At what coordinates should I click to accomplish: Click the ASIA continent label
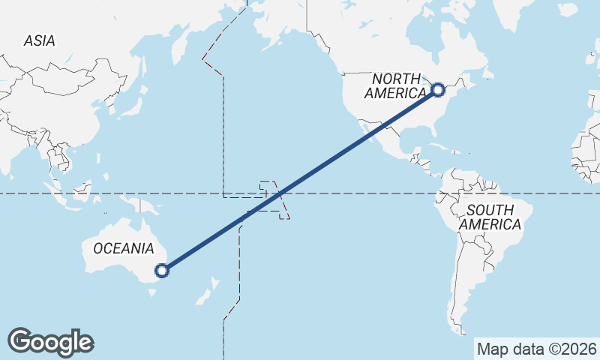click(39, 40)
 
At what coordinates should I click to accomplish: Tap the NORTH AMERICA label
click(398, 85)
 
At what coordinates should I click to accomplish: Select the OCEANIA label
click(124, 248)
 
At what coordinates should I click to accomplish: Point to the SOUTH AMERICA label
click(490, 217)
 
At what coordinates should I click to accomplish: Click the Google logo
click(50, 341)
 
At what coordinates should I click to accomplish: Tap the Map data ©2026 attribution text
click(537, 349)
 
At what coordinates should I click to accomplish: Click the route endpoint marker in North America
click(439, 90)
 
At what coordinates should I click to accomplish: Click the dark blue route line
click(300, 180)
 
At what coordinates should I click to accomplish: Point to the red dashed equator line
click(360, 193)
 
